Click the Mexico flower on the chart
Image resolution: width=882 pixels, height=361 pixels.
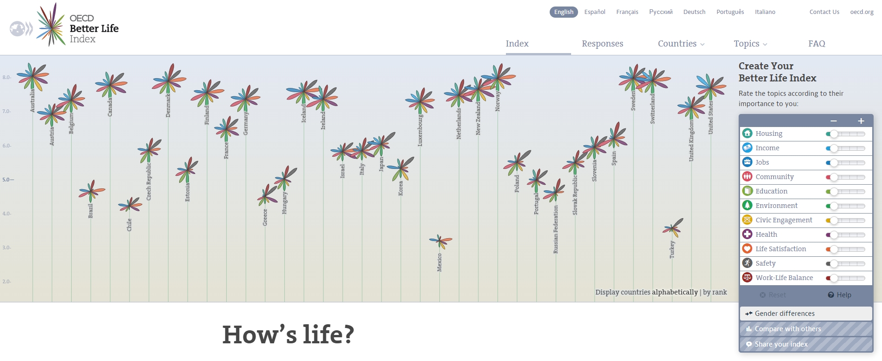[x=439, y=241]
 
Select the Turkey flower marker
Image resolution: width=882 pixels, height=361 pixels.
[x=672, y=228]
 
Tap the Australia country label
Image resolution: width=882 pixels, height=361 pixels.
[x=32, y=100]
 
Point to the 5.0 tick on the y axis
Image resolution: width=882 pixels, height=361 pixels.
[x=8, y=180]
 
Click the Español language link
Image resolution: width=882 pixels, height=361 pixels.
[x=594, y=12]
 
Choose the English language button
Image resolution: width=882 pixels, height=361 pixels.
[x=563, y=12]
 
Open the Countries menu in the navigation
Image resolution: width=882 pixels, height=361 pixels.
[x=680, y=44]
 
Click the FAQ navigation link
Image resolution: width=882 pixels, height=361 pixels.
[x=816, y=44]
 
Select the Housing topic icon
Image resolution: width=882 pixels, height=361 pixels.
[x=747, y=134]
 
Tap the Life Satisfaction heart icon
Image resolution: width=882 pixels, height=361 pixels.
[x=747, y=249]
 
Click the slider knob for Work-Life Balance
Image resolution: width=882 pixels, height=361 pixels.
[x=834, y=278]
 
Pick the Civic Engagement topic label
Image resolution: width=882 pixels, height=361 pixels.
[x=784, y=220]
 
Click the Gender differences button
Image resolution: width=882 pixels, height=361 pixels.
[x=806, y=314]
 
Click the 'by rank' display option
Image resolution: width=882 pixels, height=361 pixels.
[x=715, y=292]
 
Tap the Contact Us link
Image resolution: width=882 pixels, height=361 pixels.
[x=824, y=12]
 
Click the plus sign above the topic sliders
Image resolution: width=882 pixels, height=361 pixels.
[x=861, y=121]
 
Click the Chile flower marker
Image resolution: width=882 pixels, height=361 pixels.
[x=130, y=205]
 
